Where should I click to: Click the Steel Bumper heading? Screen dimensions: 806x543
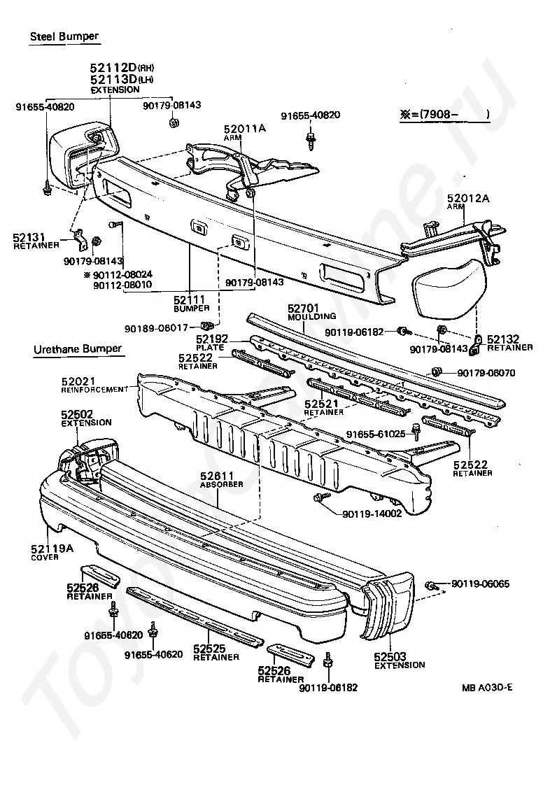tap(64, 36)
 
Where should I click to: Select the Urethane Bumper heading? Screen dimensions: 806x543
tap(77, 348)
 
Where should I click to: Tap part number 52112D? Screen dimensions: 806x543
tap(112, 67)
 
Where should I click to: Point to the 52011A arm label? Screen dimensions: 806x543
tap(245, 128)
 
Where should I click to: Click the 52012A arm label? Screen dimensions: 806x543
tap(468, 199)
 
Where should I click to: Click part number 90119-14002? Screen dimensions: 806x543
tap(372, 514)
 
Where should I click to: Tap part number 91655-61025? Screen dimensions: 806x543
tap(376, 434)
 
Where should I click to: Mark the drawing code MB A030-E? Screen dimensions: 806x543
tap(486, 687)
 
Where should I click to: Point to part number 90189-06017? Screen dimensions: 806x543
tap(157, 327)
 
